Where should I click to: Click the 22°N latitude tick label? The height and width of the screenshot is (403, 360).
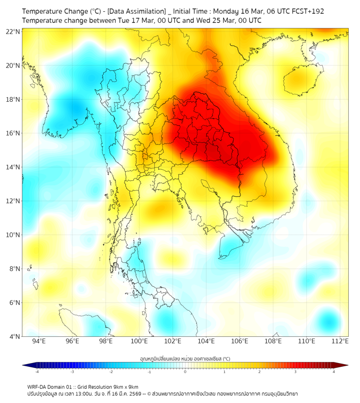13,31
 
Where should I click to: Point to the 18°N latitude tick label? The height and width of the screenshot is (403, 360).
13,100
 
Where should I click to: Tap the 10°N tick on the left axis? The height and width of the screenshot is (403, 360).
13,235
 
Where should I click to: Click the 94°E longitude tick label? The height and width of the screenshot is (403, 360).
39,341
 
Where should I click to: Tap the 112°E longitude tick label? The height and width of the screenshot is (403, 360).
340,341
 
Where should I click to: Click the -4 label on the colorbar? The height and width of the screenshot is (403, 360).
37,372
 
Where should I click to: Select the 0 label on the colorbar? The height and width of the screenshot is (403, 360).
185,372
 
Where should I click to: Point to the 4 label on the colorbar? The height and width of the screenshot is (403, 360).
333,372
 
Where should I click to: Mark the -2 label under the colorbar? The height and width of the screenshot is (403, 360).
111,372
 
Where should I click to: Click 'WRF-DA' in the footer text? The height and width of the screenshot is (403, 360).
37,386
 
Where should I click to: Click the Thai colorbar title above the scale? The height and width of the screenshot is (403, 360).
185,359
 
